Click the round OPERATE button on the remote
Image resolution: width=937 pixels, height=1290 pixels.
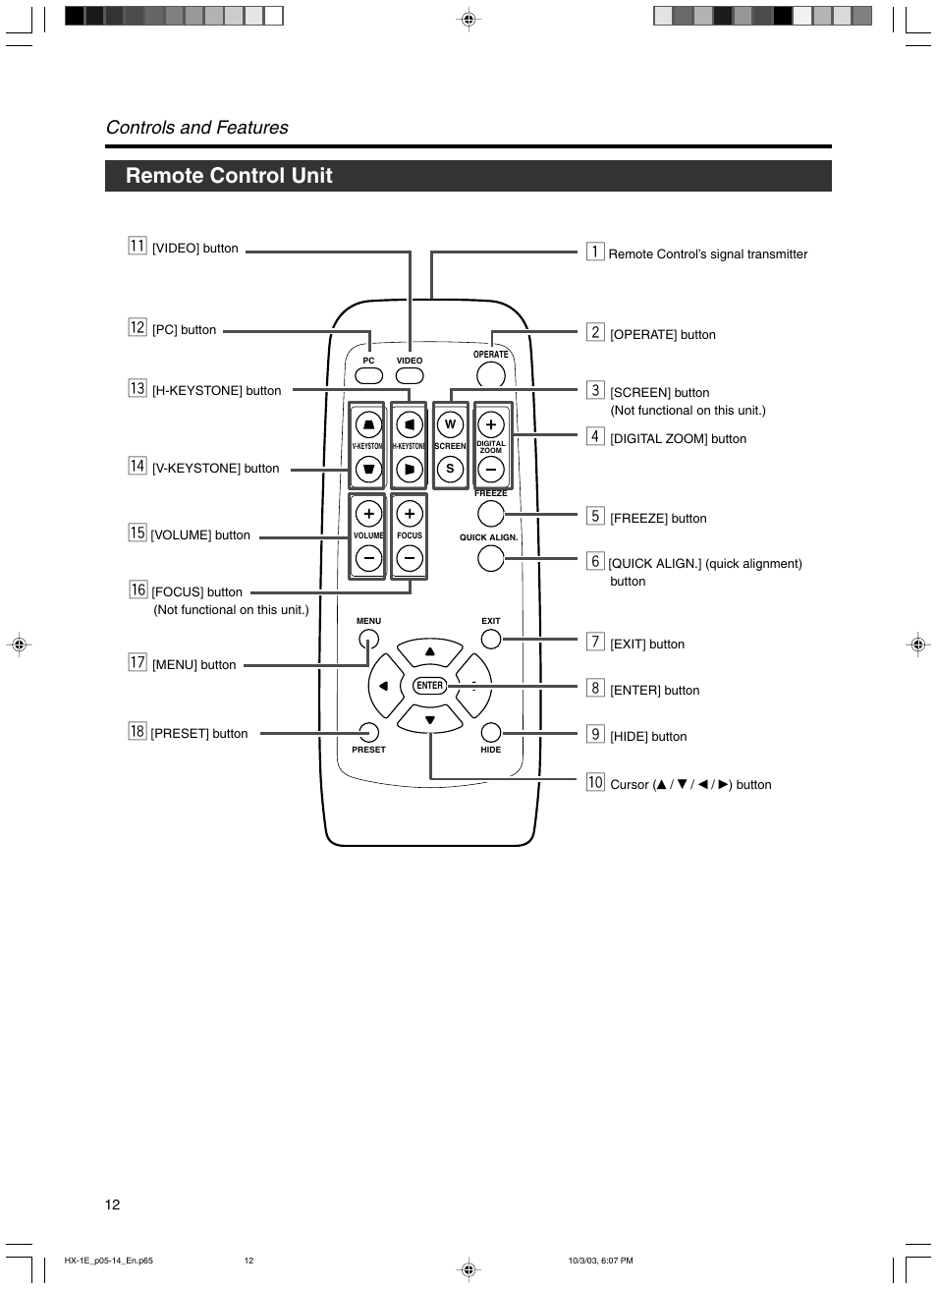[x=490, y=374]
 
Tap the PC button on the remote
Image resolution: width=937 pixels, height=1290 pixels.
[x=368, y=375]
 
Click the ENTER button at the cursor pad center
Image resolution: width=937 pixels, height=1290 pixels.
[x=429, y=686]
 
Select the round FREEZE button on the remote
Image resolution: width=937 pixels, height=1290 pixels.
[x=490, y=513]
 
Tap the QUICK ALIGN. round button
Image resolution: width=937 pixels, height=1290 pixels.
[x=490, y=558]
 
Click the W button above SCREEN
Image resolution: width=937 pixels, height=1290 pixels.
[x=450, y=423]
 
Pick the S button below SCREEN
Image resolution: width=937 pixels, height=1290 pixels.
[x=450, y=469]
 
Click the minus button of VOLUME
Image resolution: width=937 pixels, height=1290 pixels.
[x=368, y=558]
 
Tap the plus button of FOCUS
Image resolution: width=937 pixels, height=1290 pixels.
[x=410, y=513]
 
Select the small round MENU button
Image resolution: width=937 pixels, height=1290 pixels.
[x=368, y=639]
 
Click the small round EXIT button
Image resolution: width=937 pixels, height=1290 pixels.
[x=490, y=639]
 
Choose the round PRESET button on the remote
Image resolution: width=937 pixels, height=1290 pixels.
[x=368, y=732]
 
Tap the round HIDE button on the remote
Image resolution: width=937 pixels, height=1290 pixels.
[x=490, y=732]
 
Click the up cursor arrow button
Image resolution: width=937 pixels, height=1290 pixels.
[x=429, y=651]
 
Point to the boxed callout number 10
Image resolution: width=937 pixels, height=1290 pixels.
[x=595, y=782]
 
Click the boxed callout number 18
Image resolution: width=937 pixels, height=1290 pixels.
[x=137, y=731]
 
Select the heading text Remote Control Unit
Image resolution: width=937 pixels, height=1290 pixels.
[x=229, y=176]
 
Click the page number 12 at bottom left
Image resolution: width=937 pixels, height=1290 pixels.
[x=113, y=1205]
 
